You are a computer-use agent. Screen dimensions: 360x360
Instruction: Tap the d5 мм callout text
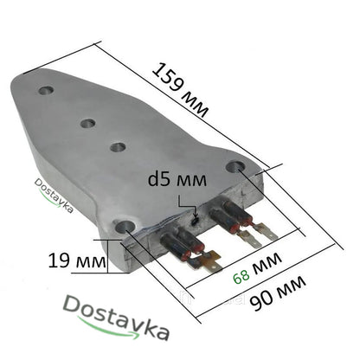173,182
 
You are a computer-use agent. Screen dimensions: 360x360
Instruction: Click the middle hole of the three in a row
87,123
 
